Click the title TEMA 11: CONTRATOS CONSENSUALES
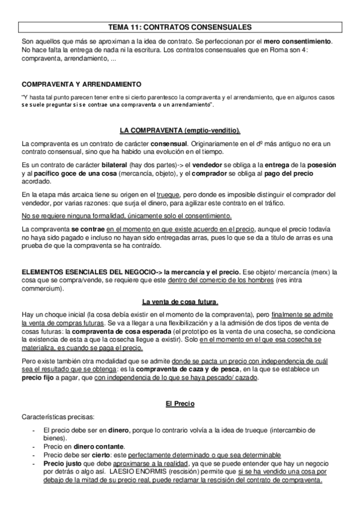(x=180, y=27)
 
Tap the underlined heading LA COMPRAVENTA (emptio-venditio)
(x=180, y=130)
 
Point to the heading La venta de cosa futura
(x=180, y=301)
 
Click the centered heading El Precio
(x=180, y=403)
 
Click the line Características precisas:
(x=55, y=416)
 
